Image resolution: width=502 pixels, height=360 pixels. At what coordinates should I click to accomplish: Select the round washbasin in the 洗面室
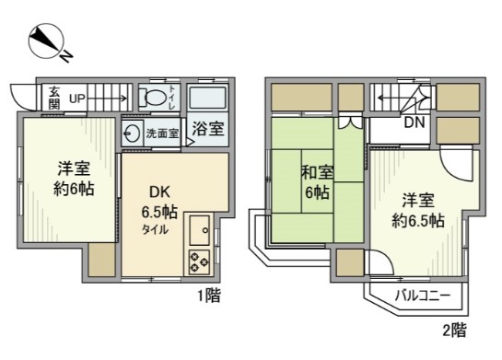[x=134, y=132]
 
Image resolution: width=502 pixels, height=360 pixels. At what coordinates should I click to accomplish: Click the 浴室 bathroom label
[x=207, y=130]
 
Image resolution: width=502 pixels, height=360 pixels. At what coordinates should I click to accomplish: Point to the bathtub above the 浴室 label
[x=207, y=99]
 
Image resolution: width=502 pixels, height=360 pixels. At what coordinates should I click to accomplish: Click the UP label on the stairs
[x=77, y=95]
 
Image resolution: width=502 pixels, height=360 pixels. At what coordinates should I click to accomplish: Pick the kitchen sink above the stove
[x=200, y=227]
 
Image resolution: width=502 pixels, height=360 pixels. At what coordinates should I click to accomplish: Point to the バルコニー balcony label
[x=423, y=296]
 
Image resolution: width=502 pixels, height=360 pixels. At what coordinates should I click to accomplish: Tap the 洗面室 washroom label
[x=164, y=133]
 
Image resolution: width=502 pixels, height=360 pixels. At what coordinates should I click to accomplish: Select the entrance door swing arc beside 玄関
[x=20, y=96]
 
